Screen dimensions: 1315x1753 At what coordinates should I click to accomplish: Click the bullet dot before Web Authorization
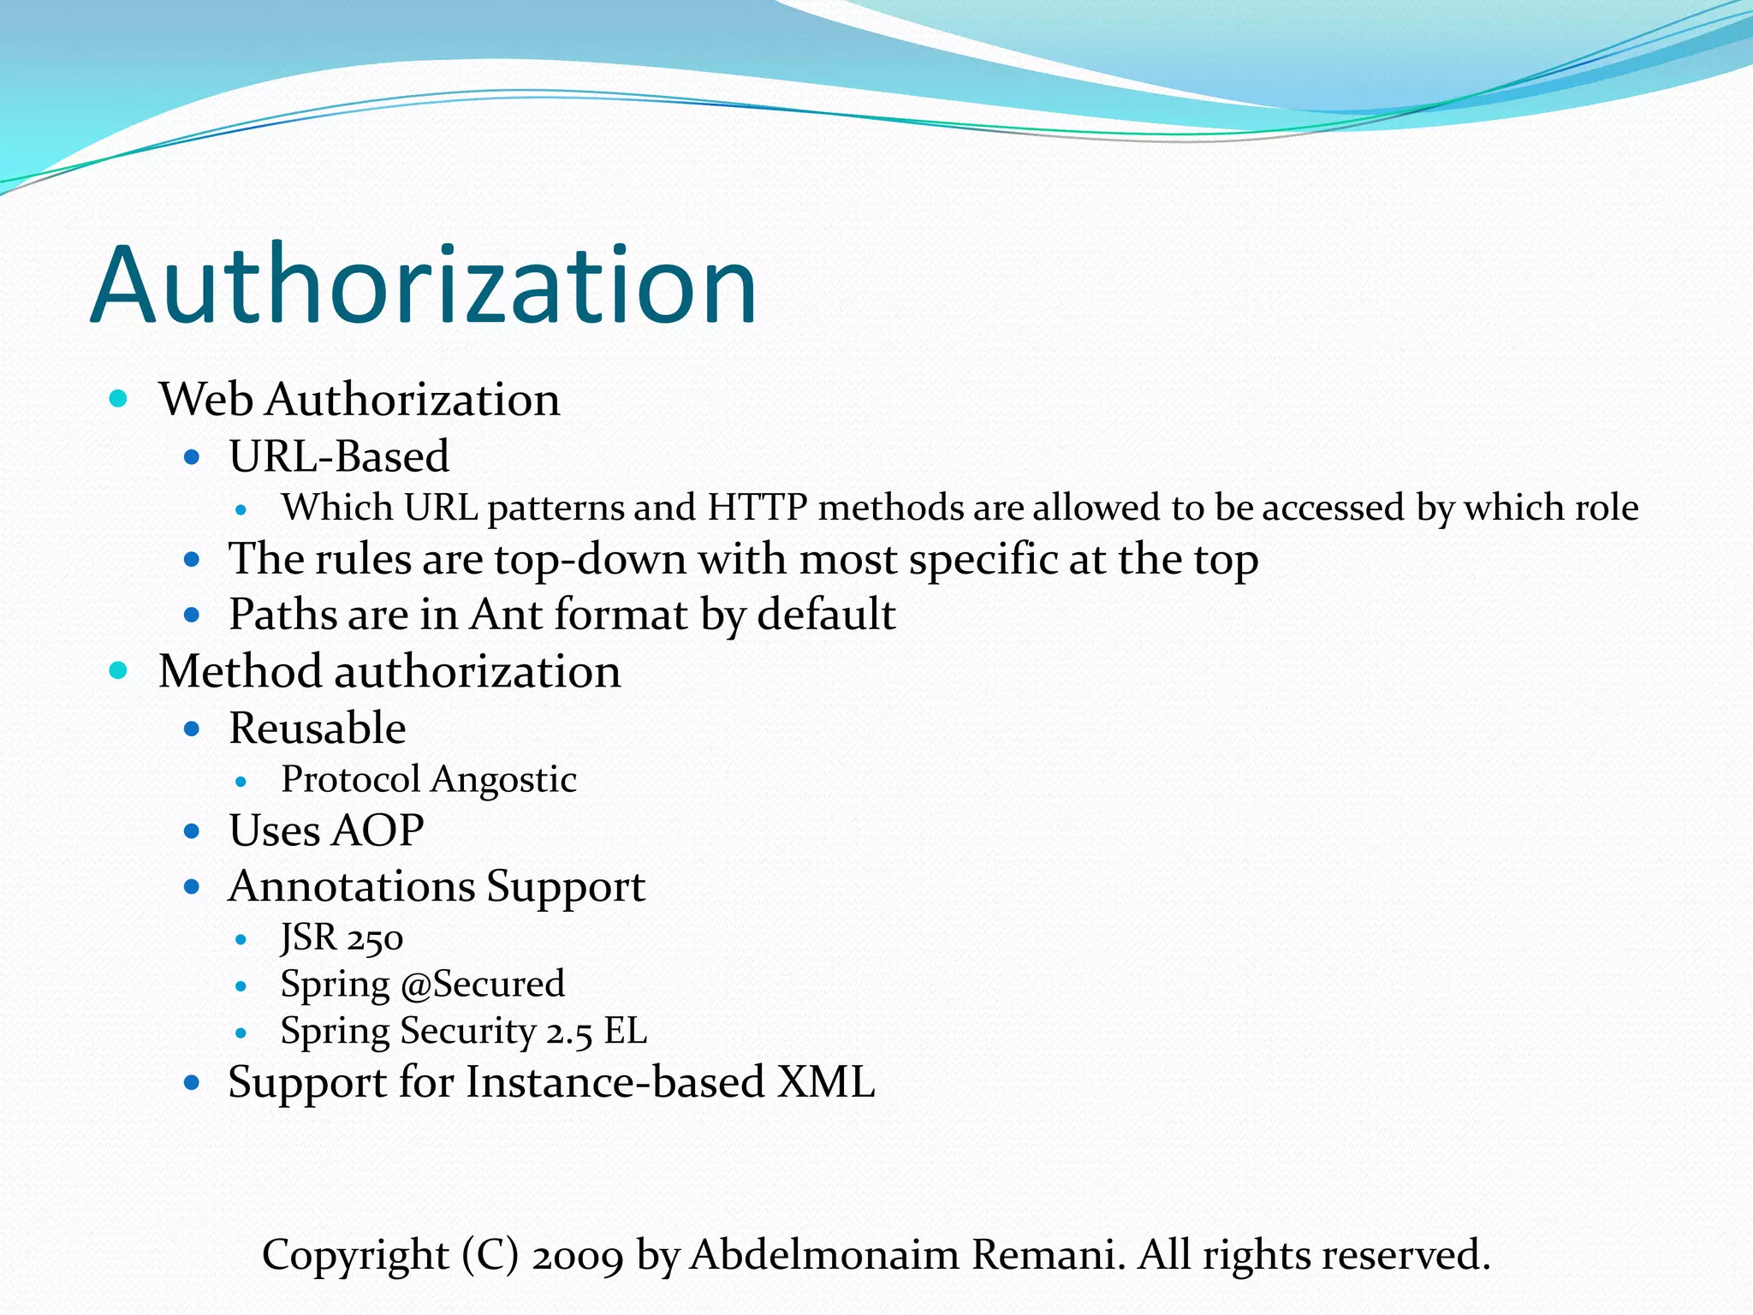tap(119, 398)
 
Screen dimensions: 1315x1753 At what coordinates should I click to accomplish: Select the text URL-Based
tap(339, 455)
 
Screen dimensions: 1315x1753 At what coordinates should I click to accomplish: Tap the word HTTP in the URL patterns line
tap(757, 507)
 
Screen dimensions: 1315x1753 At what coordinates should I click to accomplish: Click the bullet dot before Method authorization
tap(119, 670)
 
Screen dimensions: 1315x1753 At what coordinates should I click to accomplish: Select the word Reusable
tap(318, 729)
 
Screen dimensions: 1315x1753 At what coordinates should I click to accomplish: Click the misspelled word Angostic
tap(503, 779)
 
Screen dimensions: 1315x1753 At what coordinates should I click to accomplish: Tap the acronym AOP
tap(377, 830)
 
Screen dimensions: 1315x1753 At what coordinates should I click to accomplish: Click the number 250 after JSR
tap(375, 939)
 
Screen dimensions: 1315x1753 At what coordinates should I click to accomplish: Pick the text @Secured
tap(483, 985)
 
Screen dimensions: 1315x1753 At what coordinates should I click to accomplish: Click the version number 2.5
tap(569, 1032)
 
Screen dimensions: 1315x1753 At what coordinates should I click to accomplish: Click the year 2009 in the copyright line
tap(578, 1256)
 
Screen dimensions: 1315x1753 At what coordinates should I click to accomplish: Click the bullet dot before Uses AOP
tap(192, 830)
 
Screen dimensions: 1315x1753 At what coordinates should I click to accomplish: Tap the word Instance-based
tap(615, 1082)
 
